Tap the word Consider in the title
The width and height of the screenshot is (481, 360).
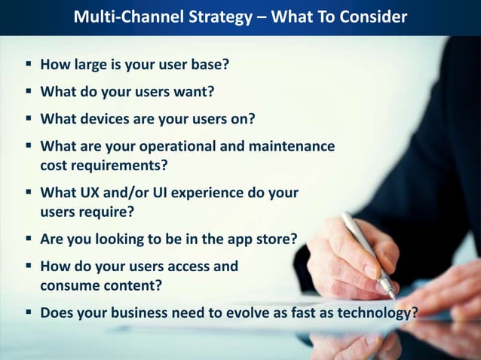(x=372, y=17)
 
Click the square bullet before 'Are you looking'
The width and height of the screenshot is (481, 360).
(x=28, y=240)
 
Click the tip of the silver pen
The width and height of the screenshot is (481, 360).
(x=394, y=297)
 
